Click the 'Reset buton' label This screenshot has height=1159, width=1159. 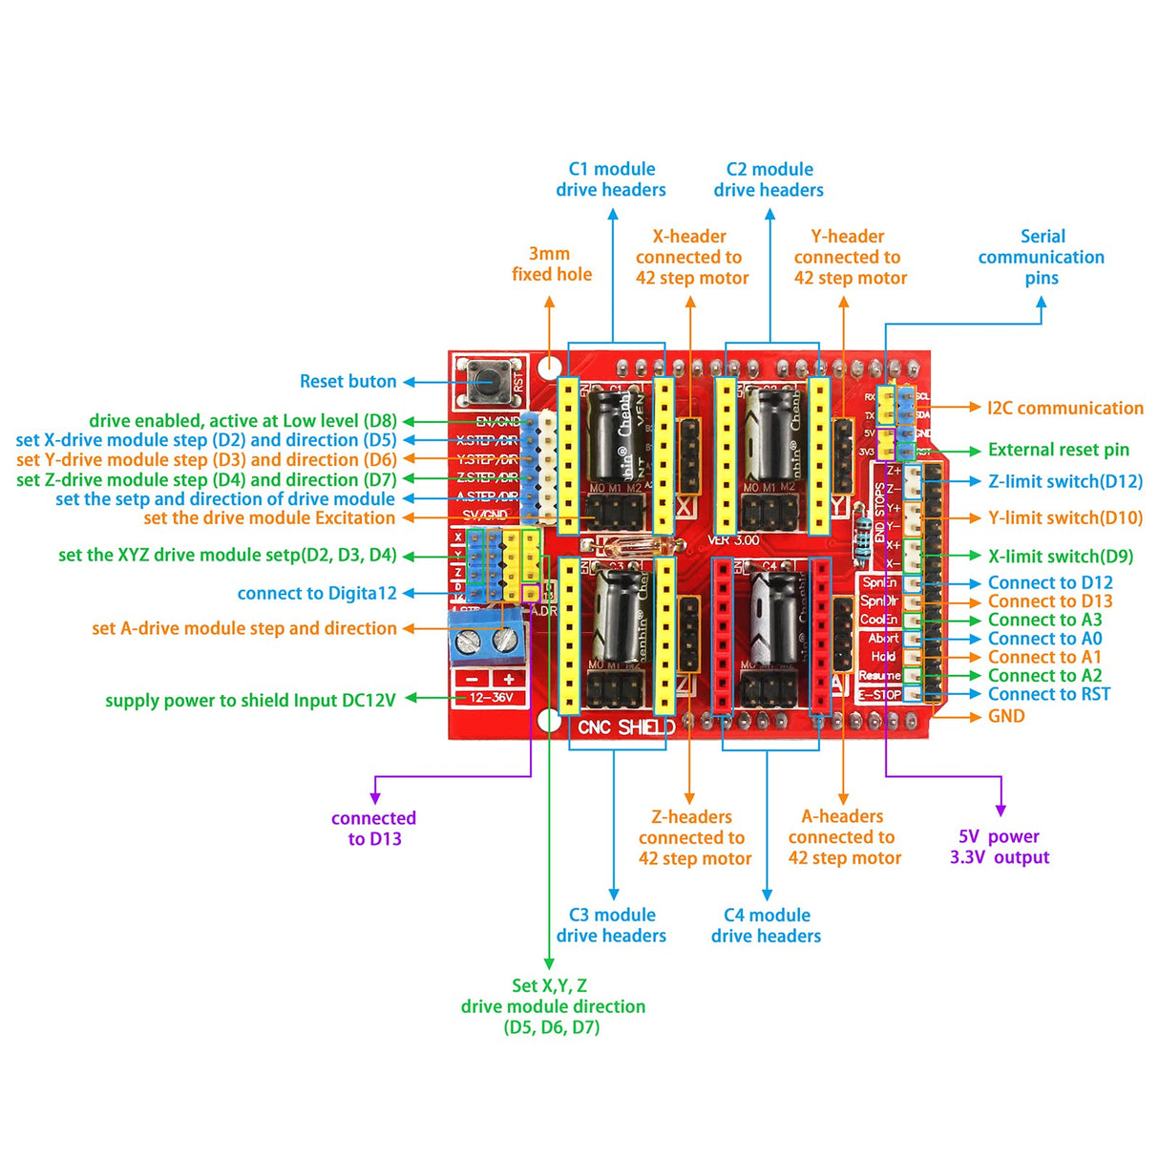coord(348,382)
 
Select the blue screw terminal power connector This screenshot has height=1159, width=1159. coord(488,638)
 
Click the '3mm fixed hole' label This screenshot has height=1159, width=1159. coord(551,264)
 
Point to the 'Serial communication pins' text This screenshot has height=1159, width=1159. coord(1042,257)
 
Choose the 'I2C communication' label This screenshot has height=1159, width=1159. coord(1064,409)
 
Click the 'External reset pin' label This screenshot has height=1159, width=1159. coord(1058,450)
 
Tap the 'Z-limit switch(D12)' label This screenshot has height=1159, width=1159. coord(1064,482)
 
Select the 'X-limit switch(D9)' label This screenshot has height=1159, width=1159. coord(1060,557)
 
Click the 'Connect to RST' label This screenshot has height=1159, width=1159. coord(1048,695)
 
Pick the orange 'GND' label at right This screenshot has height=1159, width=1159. coord(1006,716)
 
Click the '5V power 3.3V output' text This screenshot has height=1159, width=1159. coord(1000,847)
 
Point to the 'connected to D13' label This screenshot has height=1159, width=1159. coord(374,829)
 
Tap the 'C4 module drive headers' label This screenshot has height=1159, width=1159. coord(767,925)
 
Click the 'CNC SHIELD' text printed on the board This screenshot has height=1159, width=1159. coord(626,727)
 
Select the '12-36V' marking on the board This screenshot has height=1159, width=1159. coord(491,698)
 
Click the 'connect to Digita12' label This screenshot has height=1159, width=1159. coord(317,594)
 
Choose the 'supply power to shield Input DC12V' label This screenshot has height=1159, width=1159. coord(250,701)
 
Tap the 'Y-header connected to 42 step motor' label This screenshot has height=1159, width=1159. coord(850,257)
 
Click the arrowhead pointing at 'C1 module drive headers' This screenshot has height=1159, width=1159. coord(613,214)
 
